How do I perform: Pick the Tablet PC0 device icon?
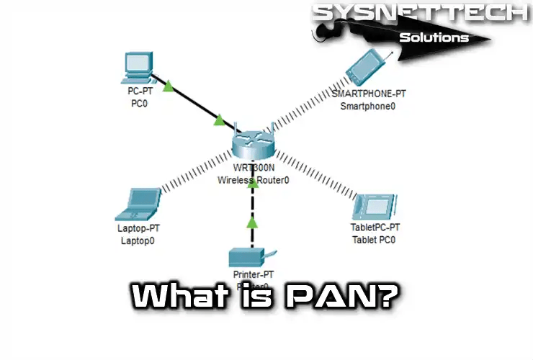373,207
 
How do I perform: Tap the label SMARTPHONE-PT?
368,94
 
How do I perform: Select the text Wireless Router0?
253,180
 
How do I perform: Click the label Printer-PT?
251,276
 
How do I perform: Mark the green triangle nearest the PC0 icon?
168,86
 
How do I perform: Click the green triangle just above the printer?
251,222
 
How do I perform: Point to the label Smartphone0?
368,107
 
